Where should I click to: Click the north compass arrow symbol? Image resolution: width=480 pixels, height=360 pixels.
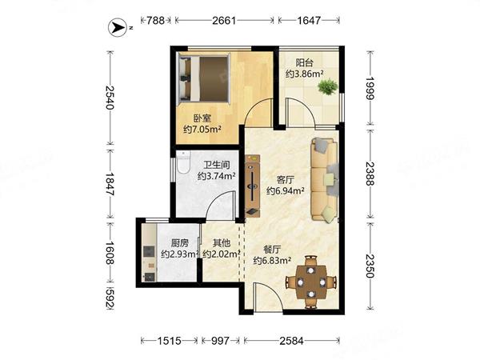coord(118,28)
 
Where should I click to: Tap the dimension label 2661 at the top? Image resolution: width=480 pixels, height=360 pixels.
coord(224,21)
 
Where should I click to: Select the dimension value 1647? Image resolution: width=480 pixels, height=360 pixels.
coord(309,21)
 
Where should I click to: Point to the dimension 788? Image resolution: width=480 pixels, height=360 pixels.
coord(155,21)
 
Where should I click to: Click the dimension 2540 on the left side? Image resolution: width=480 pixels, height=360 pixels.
coord(110,98)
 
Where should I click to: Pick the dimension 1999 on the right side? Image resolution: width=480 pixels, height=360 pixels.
coord(370,88)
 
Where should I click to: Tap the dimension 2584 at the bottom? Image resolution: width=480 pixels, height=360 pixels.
coord(291,341)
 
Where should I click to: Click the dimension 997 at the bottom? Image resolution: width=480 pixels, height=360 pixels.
coord(221,341)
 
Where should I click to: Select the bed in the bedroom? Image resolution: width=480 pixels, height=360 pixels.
coord(204,78)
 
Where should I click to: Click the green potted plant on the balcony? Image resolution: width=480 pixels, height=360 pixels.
coord(327,86)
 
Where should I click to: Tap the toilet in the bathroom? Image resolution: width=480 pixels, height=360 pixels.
coord(183,162)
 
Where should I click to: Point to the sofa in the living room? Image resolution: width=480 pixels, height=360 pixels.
coord(325,180)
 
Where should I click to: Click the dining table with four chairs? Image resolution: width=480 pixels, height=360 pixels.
coord(311,282)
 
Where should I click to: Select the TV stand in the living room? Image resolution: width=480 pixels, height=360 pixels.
coord(253,186)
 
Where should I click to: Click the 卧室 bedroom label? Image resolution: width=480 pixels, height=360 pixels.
coord(202,118)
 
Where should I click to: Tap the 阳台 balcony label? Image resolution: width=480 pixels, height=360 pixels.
coord(305,62)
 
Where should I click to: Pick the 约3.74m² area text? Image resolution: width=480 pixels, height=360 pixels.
coord(217,176)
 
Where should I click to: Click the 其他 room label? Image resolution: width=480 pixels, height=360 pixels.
coord(222,243)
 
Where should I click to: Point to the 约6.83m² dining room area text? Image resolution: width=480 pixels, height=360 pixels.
coord(272,261)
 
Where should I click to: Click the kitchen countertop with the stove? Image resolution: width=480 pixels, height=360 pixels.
coord(149,253)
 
